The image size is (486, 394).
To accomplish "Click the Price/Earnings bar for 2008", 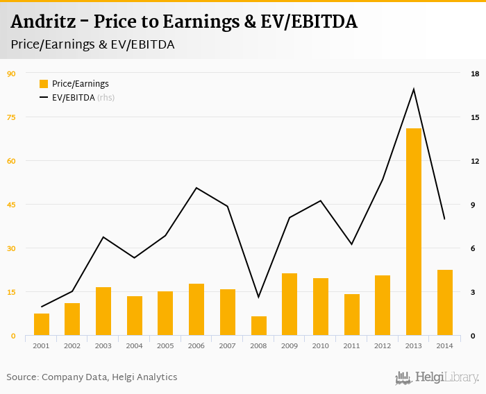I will point(259,326).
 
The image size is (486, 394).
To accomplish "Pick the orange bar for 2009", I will point(290,305).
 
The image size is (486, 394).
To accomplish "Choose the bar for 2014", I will point(444,302).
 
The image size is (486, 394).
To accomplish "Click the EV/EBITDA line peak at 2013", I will point(414,89).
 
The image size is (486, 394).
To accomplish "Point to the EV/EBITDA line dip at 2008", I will point(259,298).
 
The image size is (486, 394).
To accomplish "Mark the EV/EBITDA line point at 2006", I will point(196,188).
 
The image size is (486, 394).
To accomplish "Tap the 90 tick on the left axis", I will point(11,74).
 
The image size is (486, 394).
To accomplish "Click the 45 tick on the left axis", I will point(11,205).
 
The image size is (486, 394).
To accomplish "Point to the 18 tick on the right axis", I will point(475,74).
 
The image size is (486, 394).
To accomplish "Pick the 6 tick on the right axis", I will point(475,248).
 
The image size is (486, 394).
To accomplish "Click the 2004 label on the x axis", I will point(135,346).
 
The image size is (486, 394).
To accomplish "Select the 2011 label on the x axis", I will point(351,346).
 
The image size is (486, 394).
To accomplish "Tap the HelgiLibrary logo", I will point(437,377).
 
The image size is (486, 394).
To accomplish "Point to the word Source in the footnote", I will point(22,377).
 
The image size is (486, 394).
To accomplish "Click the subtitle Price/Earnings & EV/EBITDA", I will point(92,44).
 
